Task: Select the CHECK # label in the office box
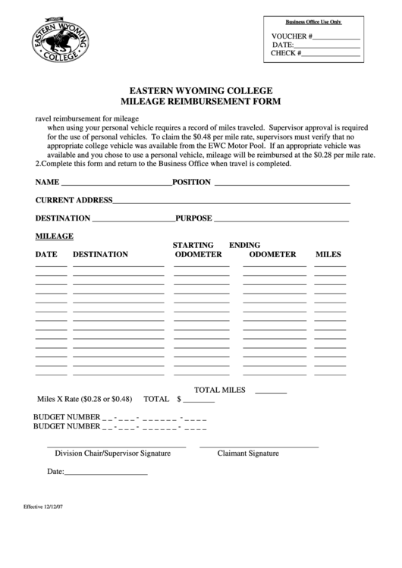287,54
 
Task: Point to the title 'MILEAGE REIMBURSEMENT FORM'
201,100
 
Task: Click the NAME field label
47,183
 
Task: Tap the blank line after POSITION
282,184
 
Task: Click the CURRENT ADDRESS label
74,200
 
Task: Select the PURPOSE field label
193,218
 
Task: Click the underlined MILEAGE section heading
55,236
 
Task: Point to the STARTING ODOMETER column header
198,249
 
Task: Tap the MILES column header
328,254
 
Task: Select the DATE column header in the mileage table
46,254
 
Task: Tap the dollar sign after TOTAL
179,398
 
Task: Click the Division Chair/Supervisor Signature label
113,453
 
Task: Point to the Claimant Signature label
248,453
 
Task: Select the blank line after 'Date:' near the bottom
105,475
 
